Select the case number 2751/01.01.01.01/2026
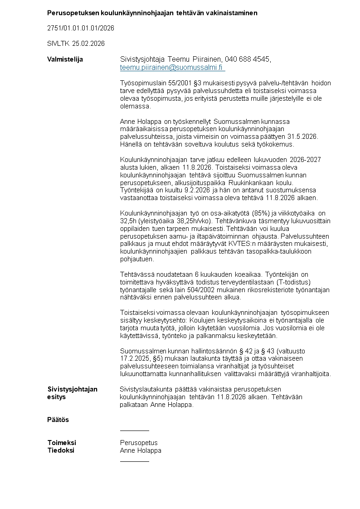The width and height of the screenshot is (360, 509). click(80, 28)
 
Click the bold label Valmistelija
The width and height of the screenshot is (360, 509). click(65, 59)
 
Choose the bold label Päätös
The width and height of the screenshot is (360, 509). click(58, 420)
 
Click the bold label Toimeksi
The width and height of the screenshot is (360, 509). click(62, 442)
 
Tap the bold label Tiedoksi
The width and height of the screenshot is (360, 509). click(61, 450)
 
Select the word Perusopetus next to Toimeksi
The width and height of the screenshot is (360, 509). click(139, 442)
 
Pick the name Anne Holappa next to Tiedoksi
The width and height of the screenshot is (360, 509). click(141, 450)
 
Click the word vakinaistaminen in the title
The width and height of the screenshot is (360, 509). click(231, 13)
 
